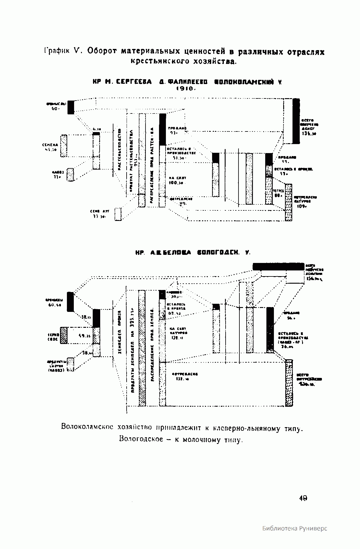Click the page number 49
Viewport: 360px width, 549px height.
[x=303, y=498]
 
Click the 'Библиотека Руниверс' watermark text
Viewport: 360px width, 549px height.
[x=295, y=529]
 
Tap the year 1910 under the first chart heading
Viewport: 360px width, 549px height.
[x=186, y=89]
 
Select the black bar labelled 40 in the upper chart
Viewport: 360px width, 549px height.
[x=70, y=107]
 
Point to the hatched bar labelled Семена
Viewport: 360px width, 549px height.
[x=64, y=146]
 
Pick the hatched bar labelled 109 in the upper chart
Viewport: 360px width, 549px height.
[x=288, y=202]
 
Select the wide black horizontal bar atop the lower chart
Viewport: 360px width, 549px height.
[x=278, y=266]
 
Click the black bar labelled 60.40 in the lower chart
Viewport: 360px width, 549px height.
[x=70, y=302]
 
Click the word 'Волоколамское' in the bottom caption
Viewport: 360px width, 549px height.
[x=87, y=427]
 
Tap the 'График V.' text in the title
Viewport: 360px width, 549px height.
[x=61, y=51]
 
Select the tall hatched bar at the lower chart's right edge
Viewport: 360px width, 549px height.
[x=289, y=383]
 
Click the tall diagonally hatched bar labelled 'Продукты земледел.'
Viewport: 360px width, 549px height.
[x=142, y=348]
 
